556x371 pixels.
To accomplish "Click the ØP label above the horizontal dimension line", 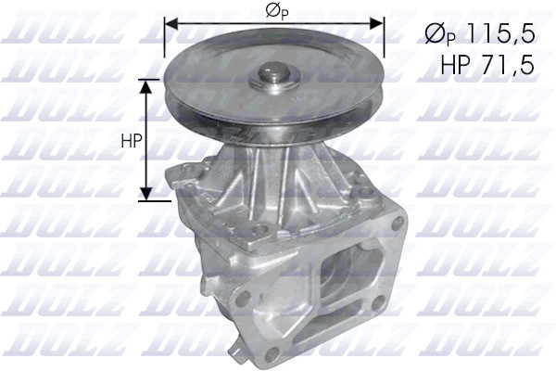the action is [x=276, y=12].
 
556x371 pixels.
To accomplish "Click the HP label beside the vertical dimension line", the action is [x=132, y=141].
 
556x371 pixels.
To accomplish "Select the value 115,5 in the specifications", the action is [x=500, y=33].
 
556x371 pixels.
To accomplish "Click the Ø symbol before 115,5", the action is [x=436, y=34].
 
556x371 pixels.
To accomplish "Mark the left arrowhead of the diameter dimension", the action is [x=171, y=24].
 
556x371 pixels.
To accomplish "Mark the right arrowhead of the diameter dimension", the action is [x=376, y=24].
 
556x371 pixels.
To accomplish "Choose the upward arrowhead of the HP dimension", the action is [x=145, y=86].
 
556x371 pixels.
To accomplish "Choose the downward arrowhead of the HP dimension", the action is [x=145, y=194].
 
